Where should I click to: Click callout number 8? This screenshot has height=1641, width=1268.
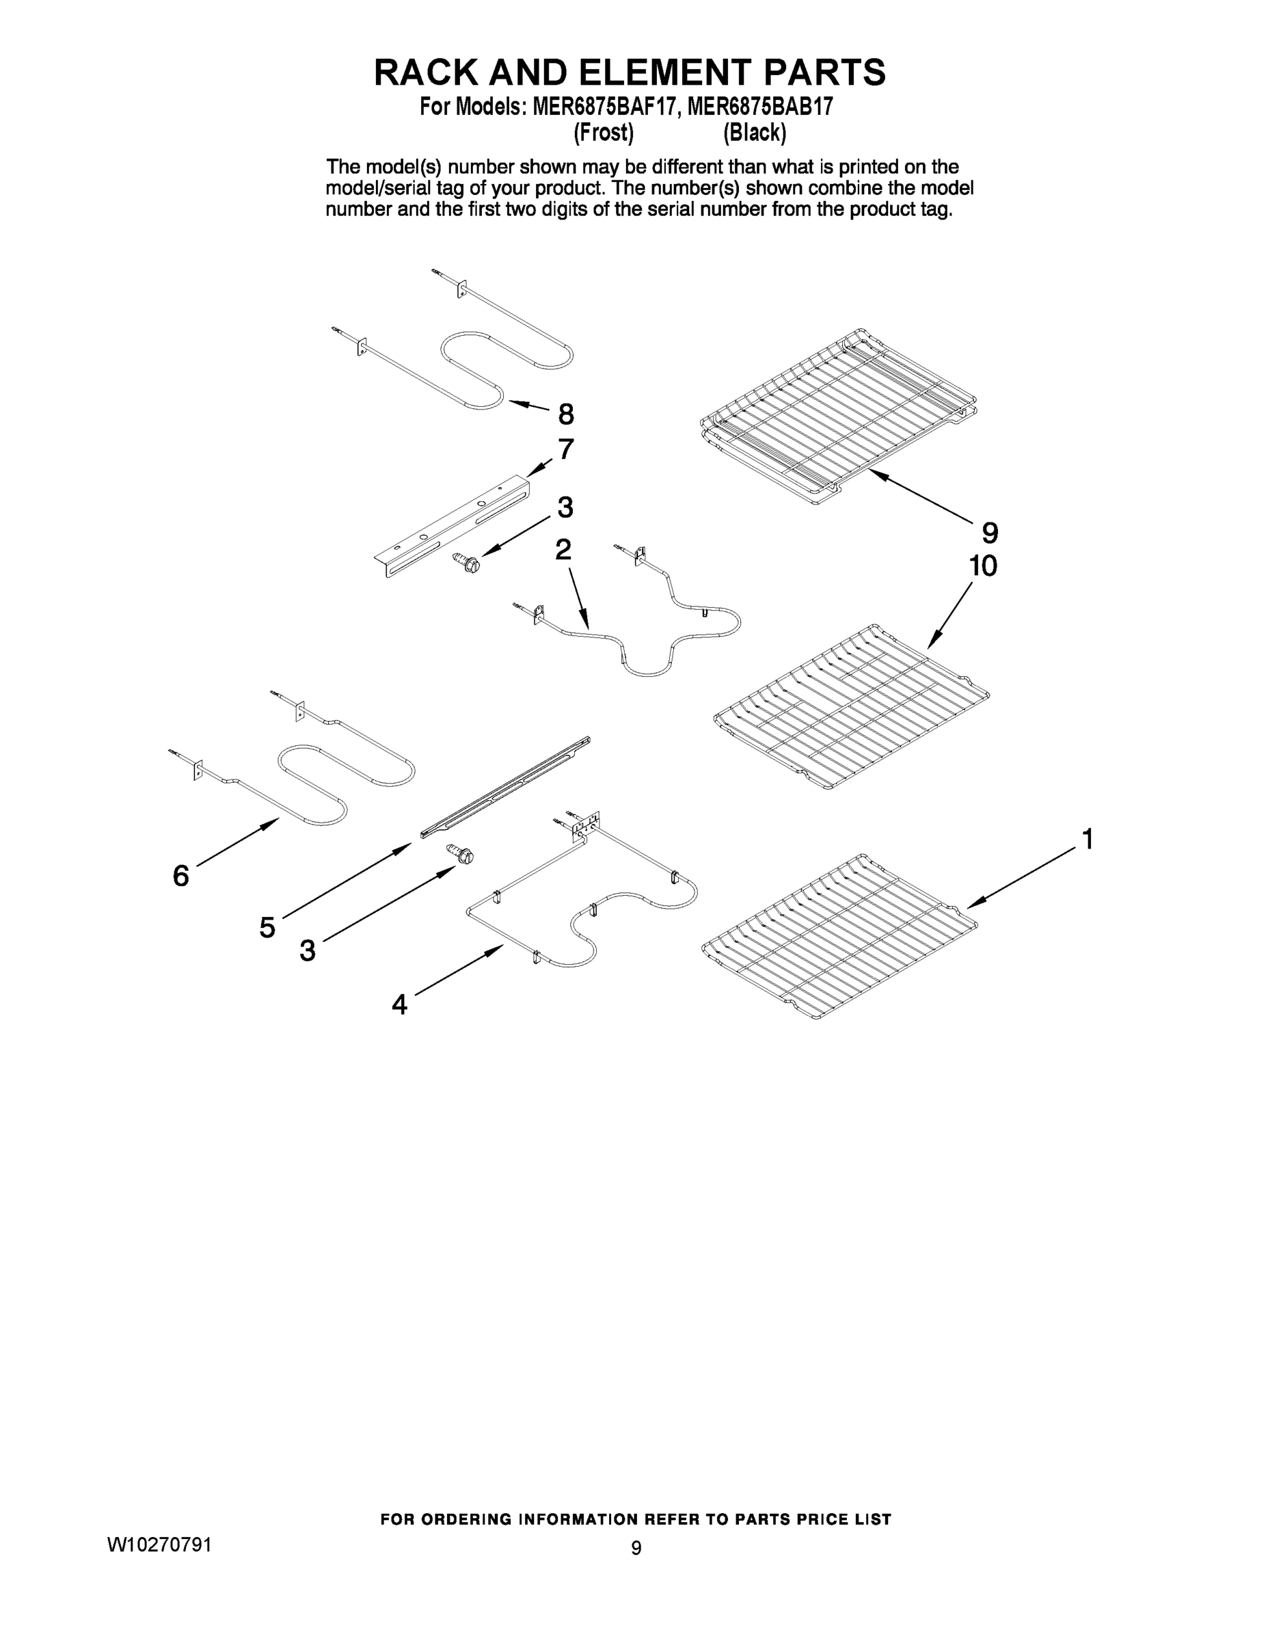pyautogui.click(x=565, y=414)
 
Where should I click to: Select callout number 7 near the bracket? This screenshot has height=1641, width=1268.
pyautogui.click(x=565, y=449)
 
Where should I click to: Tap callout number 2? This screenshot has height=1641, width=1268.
pyautogui.click(x=563, y=549)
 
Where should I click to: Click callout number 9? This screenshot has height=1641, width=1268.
pyautogui.click(x=990, y=533)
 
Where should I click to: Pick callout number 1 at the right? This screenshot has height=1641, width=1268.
pyautogui.click(x=1086, y=838)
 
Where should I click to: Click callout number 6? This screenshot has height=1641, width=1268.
pyautogui.click(x=181, y=875)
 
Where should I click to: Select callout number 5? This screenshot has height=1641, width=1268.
pyautogui.click(x=267, y=928)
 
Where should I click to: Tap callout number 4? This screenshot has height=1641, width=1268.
pyautogui.click(x=400, y=1004)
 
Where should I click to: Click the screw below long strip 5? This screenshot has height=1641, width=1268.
pyautogui.click(x=461, y=853)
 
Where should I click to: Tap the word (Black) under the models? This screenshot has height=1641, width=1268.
pyautogui.click(x=754, y=133)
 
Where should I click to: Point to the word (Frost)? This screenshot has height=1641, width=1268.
pyautogui.click(x=603, y=133)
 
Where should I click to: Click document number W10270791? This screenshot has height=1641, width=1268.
pyautogui.click(x=159, y=1545)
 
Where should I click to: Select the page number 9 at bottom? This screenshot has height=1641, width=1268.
pyautogui.click(x=636, y=1548)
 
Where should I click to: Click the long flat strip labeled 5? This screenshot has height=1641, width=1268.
pyautogui.click(x=504, y=786)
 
